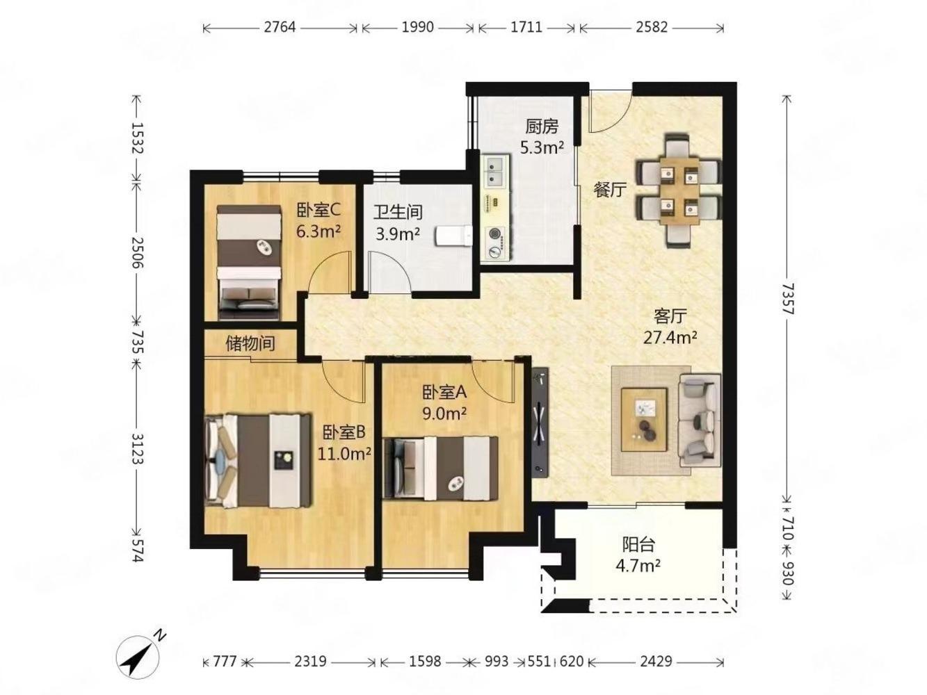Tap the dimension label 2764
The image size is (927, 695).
(x=280, y=27)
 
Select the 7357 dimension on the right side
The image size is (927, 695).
(x=788, y=299)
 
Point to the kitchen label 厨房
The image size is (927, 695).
(x=542, y=126)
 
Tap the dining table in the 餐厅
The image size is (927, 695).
(x=679, y=190)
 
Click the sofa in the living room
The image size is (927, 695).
(x=699, y=420)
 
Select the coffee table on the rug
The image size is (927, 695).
(x=645, y=420)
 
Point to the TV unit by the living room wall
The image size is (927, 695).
(x=540, y=422)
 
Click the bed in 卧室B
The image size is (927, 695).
(x=258, y=460)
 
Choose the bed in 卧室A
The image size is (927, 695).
(x=440, y=468)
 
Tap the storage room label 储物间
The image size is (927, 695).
(x=250, y=343)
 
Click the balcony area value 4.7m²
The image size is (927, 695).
(x=638, y=566)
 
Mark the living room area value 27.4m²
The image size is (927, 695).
(x=670, y=338)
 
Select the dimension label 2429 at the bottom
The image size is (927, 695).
(x=656, y=661)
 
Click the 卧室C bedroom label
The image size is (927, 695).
(x=319, y=210)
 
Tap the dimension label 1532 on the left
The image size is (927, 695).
(x=138, y=138)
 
